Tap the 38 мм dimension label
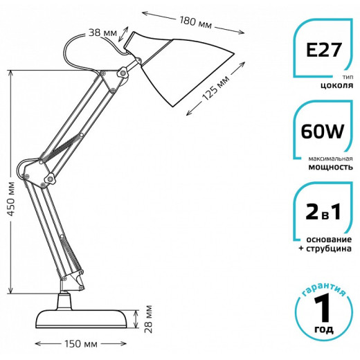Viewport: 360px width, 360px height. coord(102,33)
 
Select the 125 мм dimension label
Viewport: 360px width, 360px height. coord(215,88)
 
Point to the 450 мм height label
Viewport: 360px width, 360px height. coord(11,199)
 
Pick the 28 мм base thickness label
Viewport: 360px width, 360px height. coord(149,319)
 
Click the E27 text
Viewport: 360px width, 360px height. coord(323,51)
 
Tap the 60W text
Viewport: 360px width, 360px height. coord(323,132)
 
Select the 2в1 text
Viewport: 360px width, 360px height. coord(323,212)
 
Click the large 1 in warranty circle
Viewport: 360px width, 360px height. coord(323,309)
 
